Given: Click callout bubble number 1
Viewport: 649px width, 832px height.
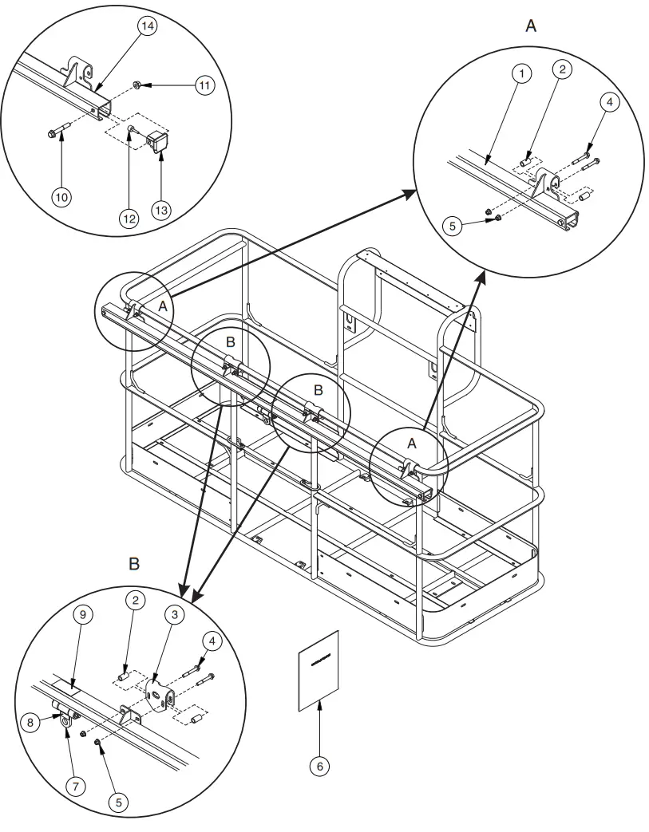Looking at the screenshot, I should click(x=520, y=74).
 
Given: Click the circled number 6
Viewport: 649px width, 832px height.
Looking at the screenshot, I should click(x=319, y=766).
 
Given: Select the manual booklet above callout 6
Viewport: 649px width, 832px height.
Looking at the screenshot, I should click(x=319, y=670).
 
